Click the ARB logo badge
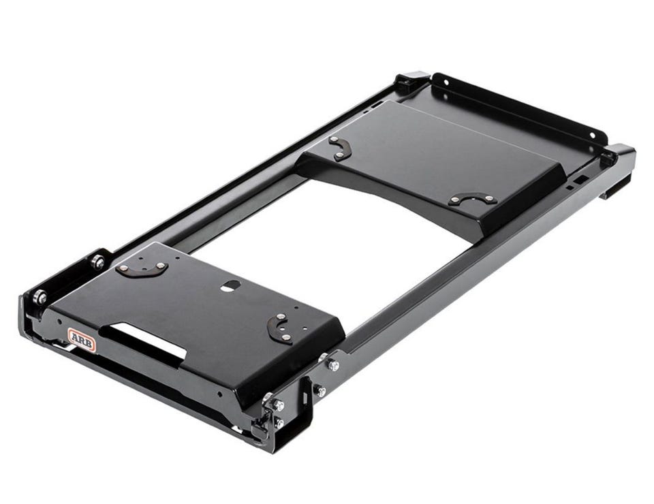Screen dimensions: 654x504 coord(82,340)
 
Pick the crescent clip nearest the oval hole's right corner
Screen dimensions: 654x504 coord(279,328)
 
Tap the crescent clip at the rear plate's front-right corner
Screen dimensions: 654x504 coord(473,198)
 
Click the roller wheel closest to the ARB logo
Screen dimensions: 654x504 coord(40,297)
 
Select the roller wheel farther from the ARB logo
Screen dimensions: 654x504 coord(99,262)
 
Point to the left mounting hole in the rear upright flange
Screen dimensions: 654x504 coord(447,82)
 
